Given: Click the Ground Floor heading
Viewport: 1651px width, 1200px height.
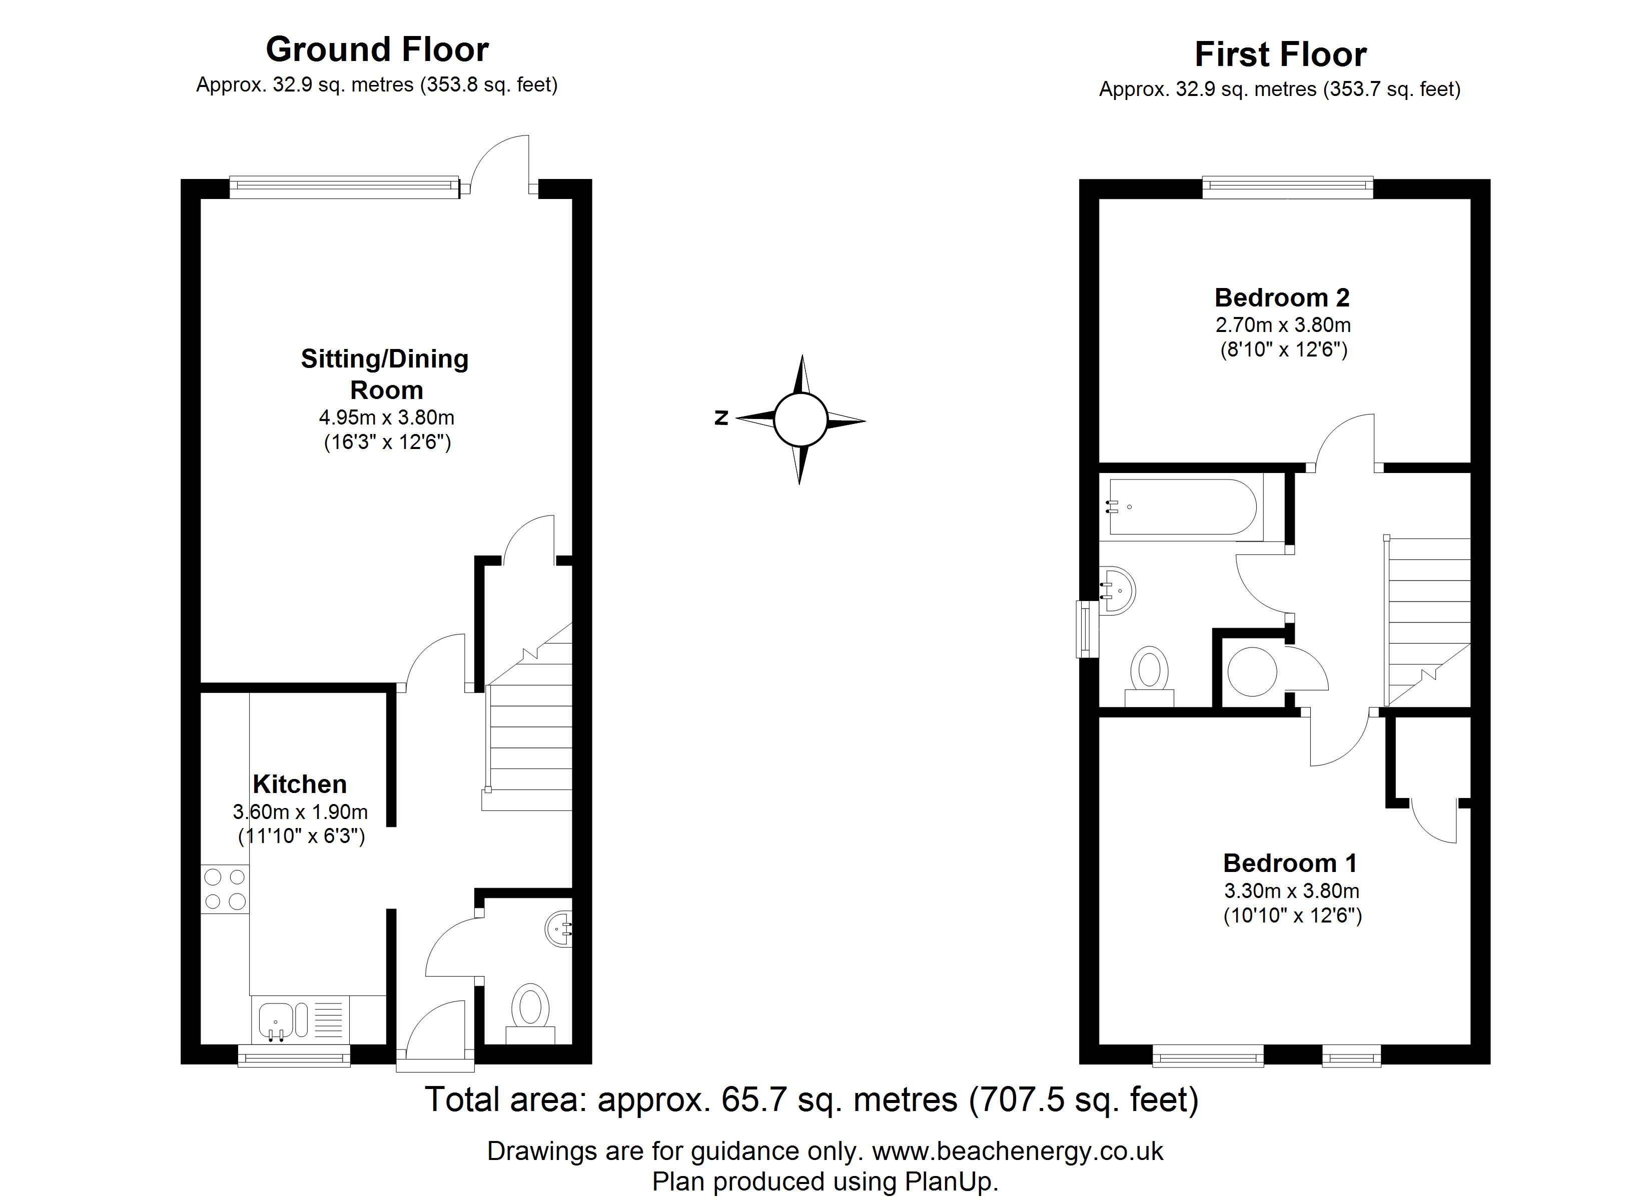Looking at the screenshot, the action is [x=377, y=49].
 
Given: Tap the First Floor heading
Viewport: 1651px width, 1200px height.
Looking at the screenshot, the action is [x=1280, y=54].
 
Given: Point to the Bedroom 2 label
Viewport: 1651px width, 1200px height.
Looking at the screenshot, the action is [x=1282, y=297].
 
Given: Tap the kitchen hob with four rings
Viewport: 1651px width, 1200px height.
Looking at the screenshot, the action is [x=225, y=889].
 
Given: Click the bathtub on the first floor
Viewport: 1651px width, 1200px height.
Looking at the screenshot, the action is [x=1182, y=507].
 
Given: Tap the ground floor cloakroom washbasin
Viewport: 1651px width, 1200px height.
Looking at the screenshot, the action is [x=559, y=928].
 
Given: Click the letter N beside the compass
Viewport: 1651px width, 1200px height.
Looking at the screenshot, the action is [x=721, y=417].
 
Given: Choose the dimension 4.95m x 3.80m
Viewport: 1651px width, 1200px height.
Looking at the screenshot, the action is [x=387, y=417].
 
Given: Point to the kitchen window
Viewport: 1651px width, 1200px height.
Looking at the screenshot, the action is [x=294, y=1056].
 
